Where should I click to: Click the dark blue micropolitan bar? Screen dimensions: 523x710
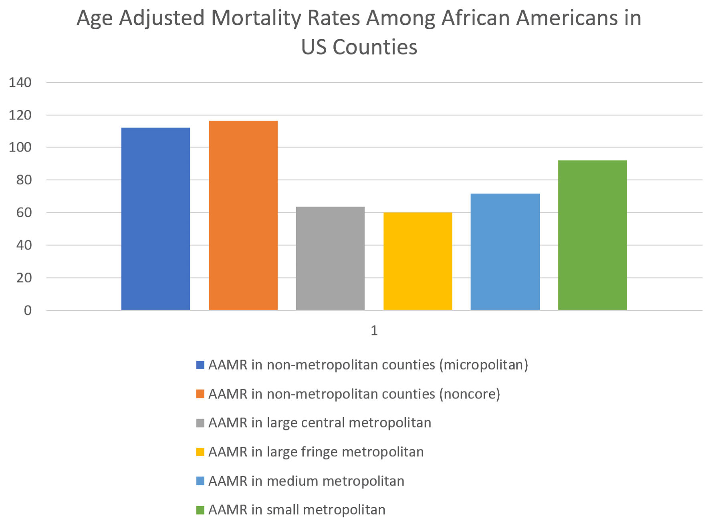coord(155,219)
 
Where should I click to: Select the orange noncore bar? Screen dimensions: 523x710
coord(243,215)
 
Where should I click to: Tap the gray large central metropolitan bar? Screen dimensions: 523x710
coord(330,258)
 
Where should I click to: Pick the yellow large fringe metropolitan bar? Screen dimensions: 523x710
coord(418,261)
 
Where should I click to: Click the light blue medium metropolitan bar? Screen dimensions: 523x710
coord(505,252)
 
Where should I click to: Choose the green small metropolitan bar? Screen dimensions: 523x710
coord(592,235)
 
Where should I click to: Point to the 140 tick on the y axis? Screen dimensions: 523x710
coord(20,83)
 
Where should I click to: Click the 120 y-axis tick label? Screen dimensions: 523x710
coord(20,115)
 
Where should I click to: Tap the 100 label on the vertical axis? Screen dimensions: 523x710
coord(20,147)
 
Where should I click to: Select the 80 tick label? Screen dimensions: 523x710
coord(24,180)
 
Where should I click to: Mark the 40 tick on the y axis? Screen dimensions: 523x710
coord(24,245)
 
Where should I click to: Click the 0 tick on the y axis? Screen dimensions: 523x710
coord(28,311)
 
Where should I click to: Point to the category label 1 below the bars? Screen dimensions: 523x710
coord(374,331)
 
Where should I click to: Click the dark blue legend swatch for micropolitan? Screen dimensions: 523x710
coord(200,365)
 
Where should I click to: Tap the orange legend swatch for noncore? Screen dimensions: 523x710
coord(200,394)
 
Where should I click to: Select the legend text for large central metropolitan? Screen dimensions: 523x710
coord(320,423)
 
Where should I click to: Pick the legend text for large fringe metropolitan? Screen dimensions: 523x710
coord(316,452)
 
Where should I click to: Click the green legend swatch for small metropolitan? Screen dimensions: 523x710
coord(200,510)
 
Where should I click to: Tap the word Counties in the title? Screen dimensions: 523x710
coord(375,47)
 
